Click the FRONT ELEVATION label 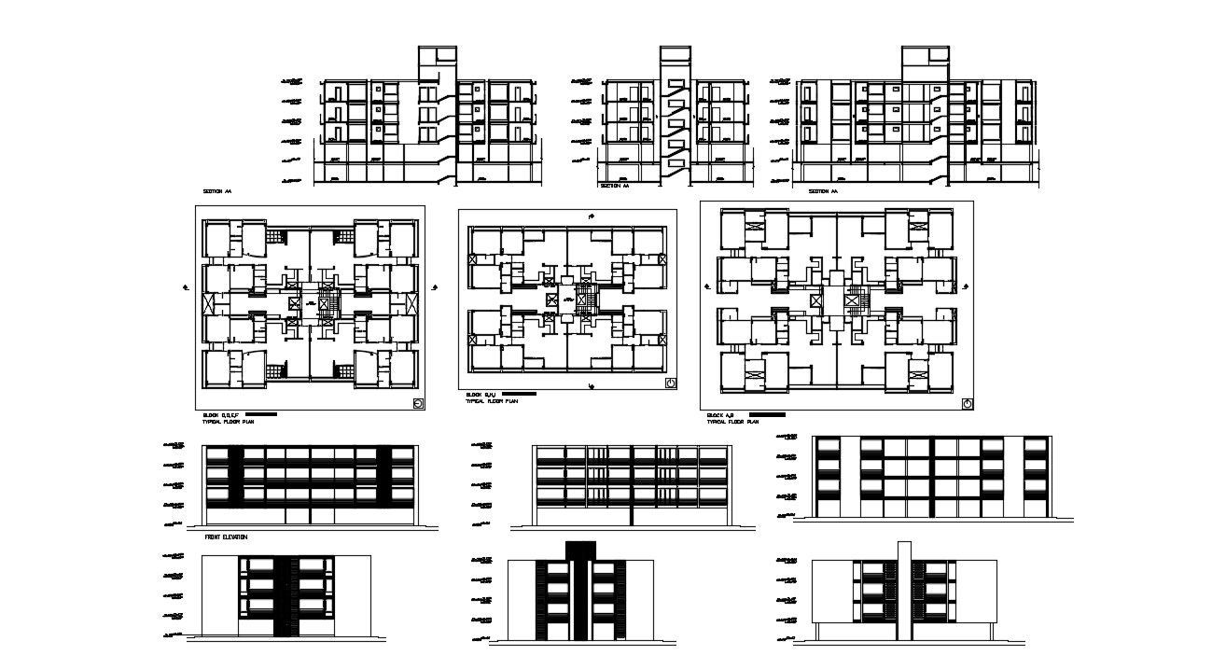pos(226,537)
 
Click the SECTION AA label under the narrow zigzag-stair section pos(615,186)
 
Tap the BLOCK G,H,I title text pos(479,396)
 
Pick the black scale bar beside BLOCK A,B pos(767,414)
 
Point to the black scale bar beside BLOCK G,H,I pos(518,395)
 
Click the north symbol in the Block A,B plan pos(967,404)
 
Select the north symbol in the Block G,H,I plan pos(670,383)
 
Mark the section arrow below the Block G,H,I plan pos(590,384)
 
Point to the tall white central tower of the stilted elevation pos(903,588)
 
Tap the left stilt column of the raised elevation pos(818,631)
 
